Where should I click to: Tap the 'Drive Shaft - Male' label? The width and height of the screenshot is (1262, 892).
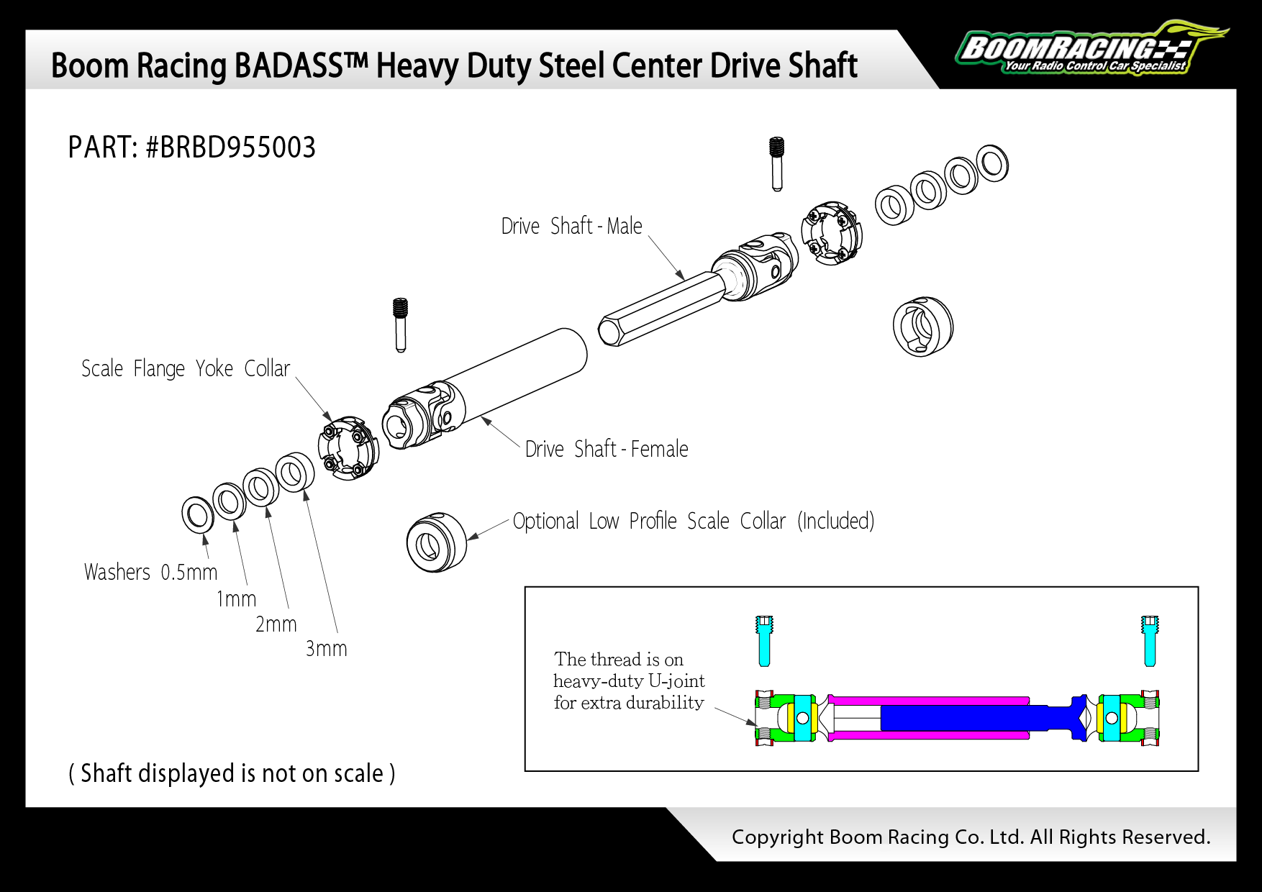[x=571, y=226]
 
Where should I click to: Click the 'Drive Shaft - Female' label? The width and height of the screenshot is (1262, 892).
[x=606, y=449]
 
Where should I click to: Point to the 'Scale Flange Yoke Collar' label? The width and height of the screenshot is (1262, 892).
[x=185, y=368]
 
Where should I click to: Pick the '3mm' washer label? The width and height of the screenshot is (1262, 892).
[x=327, y=648]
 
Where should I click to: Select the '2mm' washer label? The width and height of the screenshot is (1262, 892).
[x=276, y=624]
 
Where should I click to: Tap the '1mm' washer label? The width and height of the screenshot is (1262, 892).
[x=236, y=599]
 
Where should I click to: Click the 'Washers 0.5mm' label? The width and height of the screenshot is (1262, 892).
[x=150, y=572]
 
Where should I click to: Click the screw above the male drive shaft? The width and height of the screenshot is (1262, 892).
[x=776, y=163]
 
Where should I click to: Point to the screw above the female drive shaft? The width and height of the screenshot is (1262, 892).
[x=401, y=324]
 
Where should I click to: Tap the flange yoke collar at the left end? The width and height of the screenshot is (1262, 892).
[x=348, y=447]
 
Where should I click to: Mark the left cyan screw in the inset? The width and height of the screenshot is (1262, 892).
[x=764, y=640]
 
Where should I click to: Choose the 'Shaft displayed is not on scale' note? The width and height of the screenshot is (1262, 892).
[x=232, y=773]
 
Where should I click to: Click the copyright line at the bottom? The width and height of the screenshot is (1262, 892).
[x=971, y=837]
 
